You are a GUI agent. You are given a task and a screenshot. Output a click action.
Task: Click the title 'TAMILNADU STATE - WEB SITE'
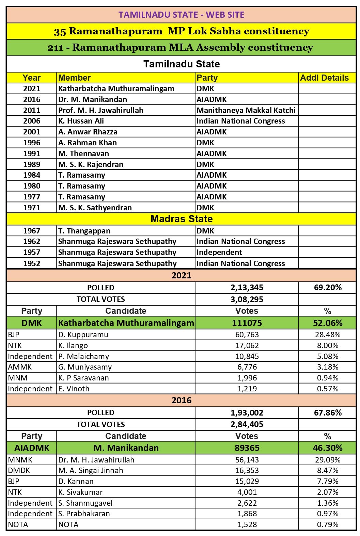click(181, 15)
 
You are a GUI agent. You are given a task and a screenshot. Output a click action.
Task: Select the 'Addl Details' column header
click(324, 78)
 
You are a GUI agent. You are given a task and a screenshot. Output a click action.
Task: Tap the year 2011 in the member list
click(32, 110)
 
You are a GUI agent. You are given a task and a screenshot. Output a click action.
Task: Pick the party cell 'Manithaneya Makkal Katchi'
click(246, 110)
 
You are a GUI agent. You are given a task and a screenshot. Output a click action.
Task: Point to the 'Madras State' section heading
click(181, 219)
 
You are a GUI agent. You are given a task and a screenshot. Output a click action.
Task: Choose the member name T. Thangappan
click(84, 231)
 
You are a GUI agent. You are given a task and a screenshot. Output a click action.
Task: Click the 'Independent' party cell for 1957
click(219, 252)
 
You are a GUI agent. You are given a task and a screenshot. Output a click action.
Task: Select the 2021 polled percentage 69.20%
click(327, 288)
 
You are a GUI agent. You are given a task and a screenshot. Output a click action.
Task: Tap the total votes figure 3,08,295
click(247, 299)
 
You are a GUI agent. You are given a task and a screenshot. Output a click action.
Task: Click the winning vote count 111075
click(247, 323)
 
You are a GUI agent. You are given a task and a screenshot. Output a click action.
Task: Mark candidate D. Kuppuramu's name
click(83, 335)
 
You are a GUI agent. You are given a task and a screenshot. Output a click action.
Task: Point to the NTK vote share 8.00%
click(327, 345)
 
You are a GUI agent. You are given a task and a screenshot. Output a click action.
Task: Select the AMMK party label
click(20, 367)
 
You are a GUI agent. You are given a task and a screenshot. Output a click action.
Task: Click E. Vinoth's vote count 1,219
click(247, 389)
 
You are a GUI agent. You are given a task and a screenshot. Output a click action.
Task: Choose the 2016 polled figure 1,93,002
click(247, 413)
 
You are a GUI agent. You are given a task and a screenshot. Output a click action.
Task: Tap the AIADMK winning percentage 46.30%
click(327, 448)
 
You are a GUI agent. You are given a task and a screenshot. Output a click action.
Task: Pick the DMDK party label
click(19, 470)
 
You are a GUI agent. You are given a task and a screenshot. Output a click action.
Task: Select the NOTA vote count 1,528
click(247, 524)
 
